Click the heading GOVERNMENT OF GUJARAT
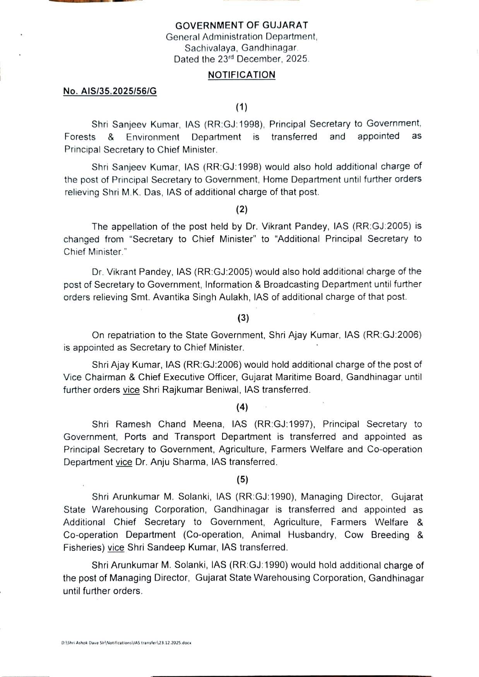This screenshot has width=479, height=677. coord(241,26)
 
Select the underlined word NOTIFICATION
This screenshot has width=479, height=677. coord(241,75)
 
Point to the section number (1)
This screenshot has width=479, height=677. coord(242,107)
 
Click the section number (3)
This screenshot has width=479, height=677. coord(243,318)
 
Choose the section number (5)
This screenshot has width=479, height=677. coord(242,480)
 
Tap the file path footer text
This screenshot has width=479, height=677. coord(126,643)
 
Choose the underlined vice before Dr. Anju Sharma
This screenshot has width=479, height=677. coord(124,462)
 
